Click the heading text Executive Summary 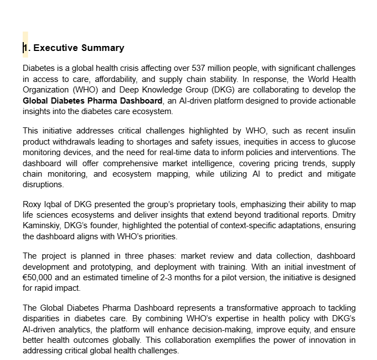[x=79, y=48]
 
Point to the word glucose [x=342, y=142]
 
